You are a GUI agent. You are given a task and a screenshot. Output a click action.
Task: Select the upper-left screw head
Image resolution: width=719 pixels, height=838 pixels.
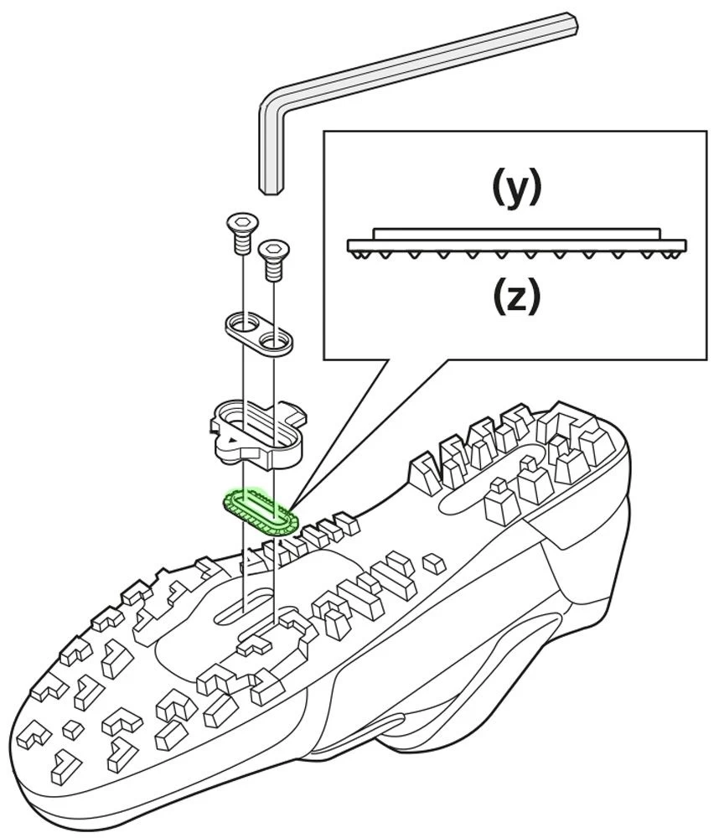[x=241, y=222]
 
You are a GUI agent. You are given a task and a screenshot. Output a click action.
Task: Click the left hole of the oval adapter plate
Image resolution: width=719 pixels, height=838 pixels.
[x=242, y=322]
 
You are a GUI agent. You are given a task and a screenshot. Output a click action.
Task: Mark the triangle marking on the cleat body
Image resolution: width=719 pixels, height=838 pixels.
[x=225, y=438]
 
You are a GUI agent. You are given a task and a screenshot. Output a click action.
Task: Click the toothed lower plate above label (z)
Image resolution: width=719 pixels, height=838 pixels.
[x=517, y=246]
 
